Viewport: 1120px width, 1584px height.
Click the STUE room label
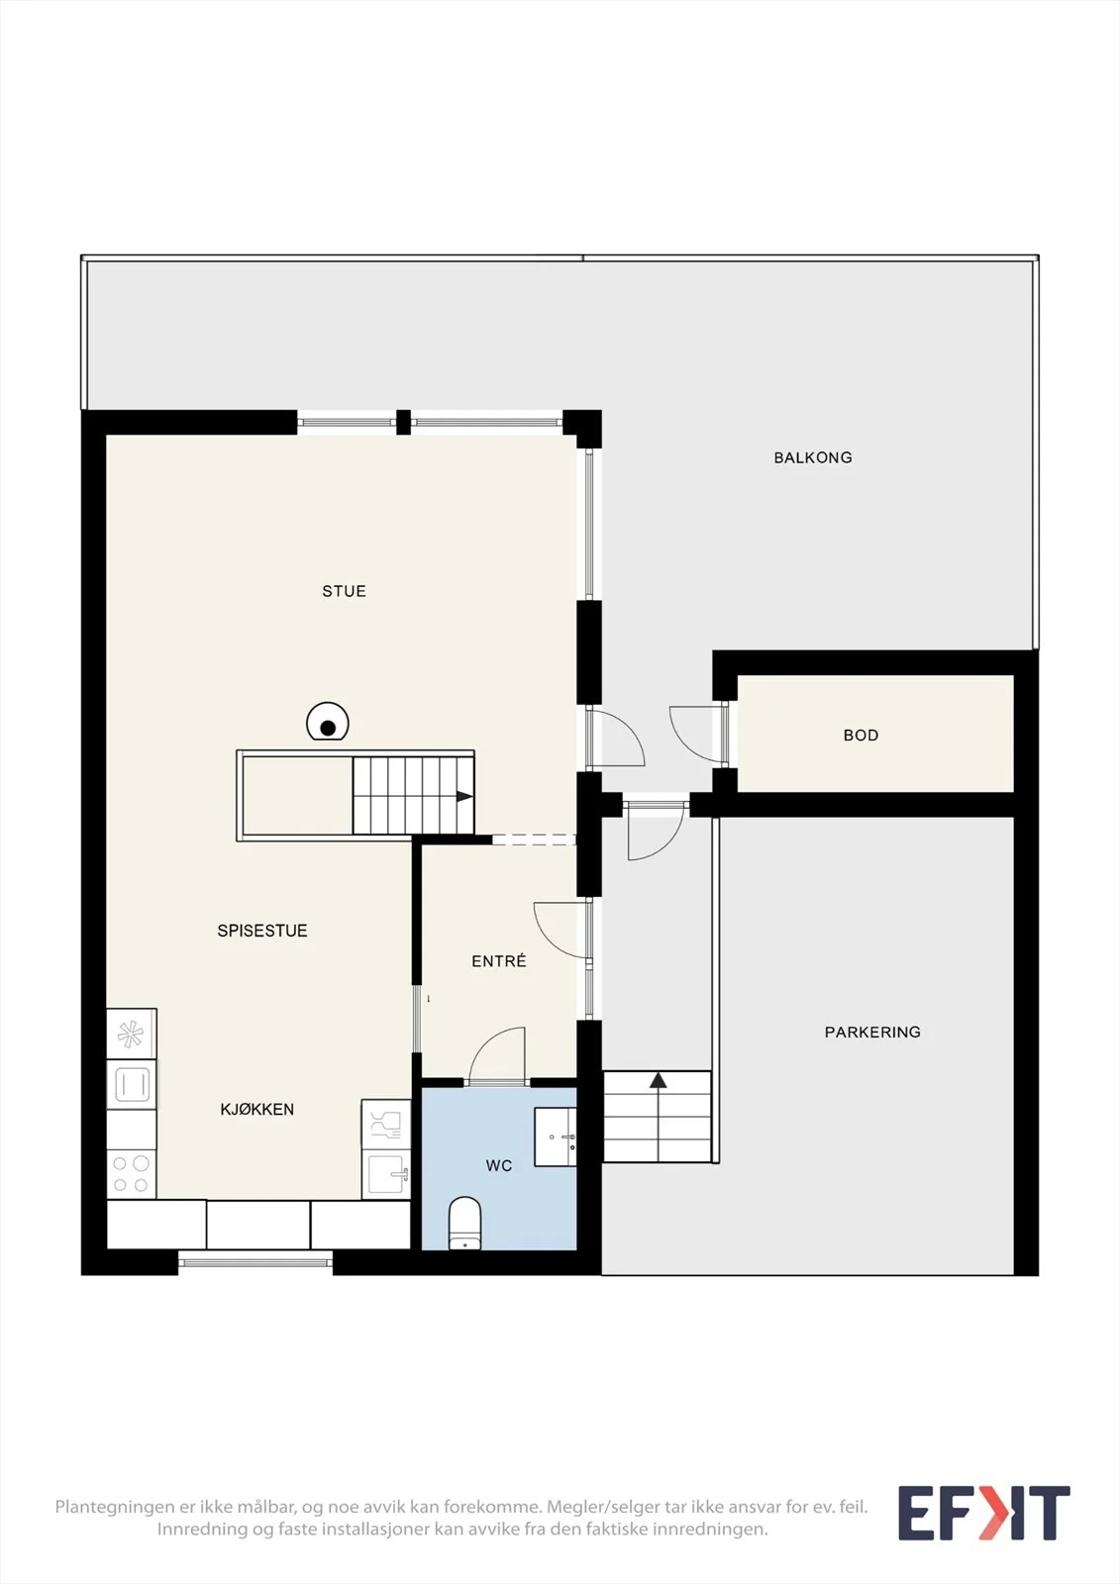344,591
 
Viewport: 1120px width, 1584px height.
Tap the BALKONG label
813,457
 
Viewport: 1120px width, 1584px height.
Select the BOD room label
862,736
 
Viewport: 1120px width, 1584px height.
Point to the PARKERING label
872,1033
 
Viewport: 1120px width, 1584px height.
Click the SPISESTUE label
262,931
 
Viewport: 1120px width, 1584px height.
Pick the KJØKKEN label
257,1110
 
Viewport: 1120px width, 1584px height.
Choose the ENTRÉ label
499,961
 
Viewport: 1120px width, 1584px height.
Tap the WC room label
499,1166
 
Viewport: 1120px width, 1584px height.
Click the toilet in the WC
464,1224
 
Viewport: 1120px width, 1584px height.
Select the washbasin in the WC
556,1137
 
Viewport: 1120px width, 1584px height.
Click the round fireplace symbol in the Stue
328,722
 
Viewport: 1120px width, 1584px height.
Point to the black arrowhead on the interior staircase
464,797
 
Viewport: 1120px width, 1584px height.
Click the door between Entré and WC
497,1055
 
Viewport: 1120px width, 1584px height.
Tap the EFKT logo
983,1514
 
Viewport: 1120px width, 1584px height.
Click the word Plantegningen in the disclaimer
115,1507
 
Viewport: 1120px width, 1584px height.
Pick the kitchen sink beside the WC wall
386,1174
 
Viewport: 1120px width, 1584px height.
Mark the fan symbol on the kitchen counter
131,1035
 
